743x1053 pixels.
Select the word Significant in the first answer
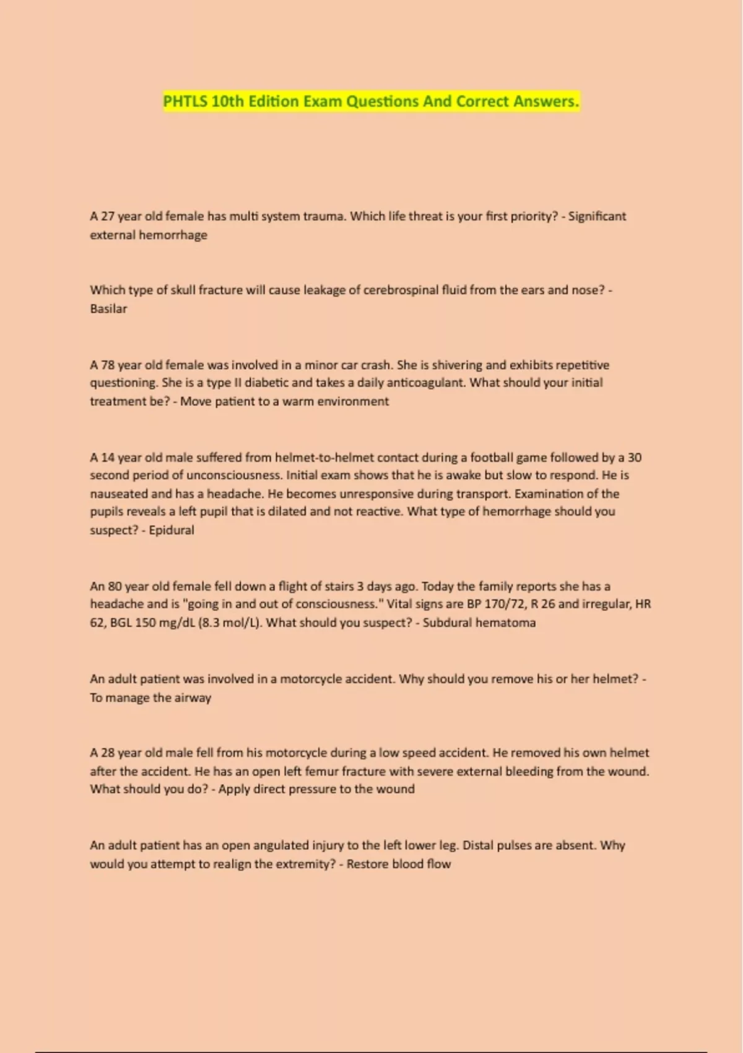[x=597, y=217]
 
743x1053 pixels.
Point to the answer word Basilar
[x=108, y=308]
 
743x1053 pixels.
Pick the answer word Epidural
[x=172, y=530]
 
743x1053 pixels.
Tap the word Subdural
[x=446, y=623]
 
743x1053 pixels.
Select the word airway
[x=193, y=697]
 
